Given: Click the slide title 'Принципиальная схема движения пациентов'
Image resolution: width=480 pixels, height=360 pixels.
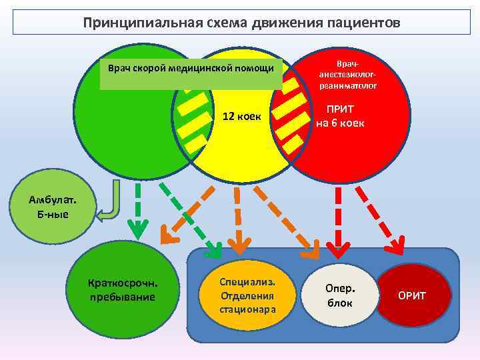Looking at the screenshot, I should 241,23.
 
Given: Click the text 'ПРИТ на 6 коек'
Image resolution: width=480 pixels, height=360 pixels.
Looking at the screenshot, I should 340,116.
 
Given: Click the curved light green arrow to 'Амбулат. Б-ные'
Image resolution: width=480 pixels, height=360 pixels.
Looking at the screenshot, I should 111,203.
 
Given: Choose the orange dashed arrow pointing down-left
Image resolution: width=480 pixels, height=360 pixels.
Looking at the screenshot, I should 188,210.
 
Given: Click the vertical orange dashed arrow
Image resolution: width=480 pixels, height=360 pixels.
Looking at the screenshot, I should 237,217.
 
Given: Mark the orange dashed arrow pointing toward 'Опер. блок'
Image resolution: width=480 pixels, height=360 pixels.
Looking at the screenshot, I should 285,217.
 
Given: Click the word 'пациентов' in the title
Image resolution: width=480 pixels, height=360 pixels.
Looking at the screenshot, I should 364,23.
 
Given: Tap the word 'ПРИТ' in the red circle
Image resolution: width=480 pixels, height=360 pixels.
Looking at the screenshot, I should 340,109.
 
